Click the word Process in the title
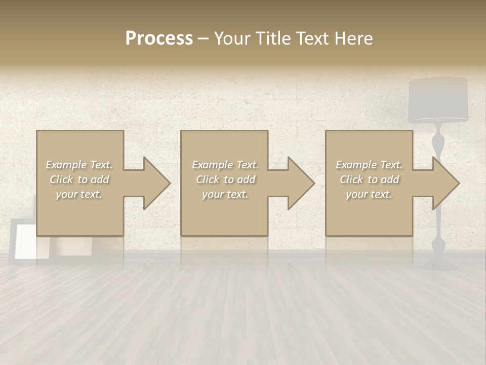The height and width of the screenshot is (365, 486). coord(159,39)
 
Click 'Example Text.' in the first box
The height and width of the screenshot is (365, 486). coord(79,165)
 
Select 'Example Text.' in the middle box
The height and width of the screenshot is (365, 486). coord(225,165)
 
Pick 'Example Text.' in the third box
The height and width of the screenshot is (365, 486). coord(369,165)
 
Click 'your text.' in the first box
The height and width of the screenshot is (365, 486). coord(79,194)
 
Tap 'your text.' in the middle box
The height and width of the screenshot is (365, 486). coord(225,194)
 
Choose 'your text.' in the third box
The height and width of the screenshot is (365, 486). coord(369,194)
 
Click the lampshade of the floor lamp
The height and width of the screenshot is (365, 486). coord(438,100)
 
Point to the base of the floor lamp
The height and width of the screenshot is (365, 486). coord(438,264)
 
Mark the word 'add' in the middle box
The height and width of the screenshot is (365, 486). coord(247,179)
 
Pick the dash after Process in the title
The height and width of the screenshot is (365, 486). coord(203,39)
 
